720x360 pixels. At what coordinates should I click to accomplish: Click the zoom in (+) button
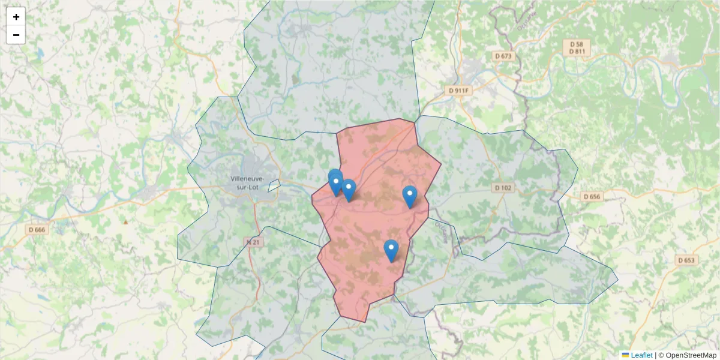coord(16,17)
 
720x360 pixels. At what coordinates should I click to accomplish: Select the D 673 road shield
coord(503,56)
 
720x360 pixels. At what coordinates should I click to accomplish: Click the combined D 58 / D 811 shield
coord(577,48)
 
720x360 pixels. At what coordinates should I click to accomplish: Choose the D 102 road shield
coord(503,188)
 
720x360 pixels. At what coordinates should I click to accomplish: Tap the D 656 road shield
coord(591,196)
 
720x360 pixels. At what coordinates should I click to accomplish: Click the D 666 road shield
coord(37,229)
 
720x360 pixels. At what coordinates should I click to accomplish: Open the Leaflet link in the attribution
coord(641,355)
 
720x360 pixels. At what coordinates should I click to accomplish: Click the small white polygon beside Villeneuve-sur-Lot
coord(274,185)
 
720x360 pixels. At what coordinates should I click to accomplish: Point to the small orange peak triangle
coord(125,221)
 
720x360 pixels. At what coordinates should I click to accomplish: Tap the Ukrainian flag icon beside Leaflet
coord(625,355)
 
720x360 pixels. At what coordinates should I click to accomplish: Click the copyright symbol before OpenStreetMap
coord(661,355)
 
